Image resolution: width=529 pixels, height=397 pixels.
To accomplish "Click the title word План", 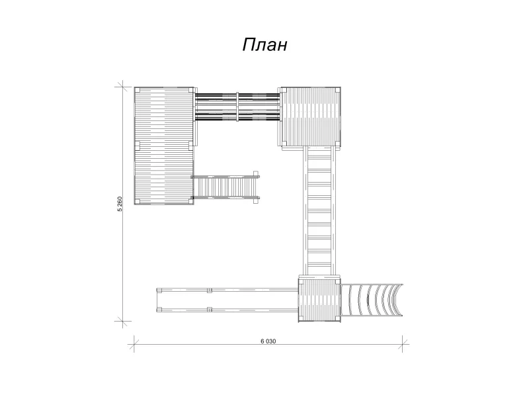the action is click(264, 44).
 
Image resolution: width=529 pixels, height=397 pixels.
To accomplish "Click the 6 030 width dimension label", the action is click(268, 341).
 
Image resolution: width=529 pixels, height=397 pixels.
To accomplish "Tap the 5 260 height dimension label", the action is click(120, 204).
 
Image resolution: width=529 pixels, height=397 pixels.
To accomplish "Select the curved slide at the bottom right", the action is click(371, 300).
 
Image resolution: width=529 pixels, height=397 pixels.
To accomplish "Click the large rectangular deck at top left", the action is click(164, 146).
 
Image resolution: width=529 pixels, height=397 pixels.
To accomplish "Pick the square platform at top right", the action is click(310, 116).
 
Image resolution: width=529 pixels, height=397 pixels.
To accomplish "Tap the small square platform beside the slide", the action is click(319, 300).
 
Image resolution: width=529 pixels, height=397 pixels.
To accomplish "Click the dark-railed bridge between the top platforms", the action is click(237, 107).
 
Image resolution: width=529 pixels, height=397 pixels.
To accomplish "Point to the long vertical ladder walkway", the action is click(319, 212).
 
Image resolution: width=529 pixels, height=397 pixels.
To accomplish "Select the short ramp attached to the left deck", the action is click(225, 187).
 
